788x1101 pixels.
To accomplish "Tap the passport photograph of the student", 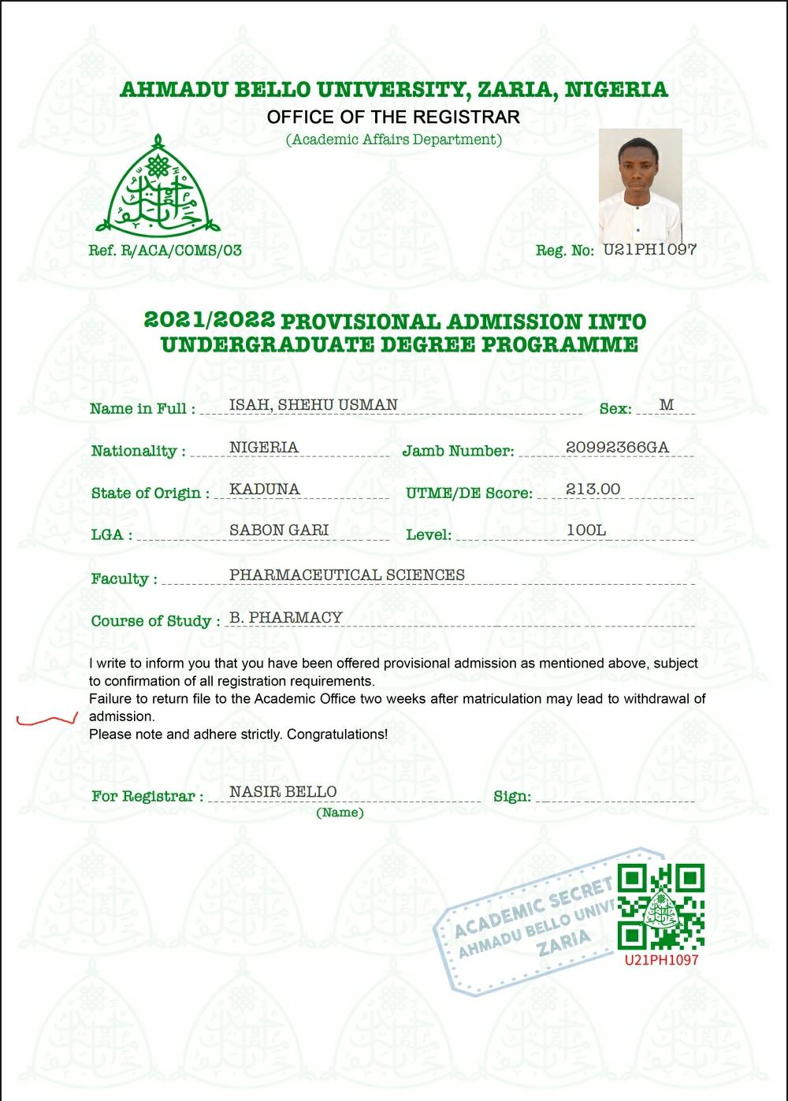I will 640,186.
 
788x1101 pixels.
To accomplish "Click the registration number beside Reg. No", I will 649,250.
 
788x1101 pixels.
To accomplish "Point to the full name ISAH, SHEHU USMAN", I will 313,405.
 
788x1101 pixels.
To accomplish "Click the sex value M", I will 667,405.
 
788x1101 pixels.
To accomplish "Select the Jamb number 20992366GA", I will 617,448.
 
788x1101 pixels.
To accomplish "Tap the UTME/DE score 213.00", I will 593,489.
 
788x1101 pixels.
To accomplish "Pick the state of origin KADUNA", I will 264,489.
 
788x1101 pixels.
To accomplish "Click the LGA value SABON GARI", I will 278,530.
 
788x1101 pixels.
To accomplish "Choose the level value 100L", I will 586,530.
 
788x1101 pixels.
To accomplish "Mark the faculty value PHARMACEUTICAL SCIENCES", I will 347,575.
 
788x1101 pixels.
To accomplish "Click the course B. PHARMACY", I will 285,618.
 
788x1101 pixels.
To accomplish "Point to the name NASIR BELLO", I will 283,791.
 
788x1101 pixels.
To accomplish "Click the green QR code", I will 660,906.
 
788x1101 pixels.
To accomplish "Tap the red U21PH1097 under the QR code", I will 661,960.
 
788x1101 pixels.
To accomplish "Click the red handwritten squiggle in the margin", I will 47,718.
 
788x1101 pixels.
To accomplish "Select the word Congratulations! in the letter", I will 337,735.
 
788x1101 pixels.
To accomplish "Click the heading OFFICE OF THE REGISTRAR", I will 393,117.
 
